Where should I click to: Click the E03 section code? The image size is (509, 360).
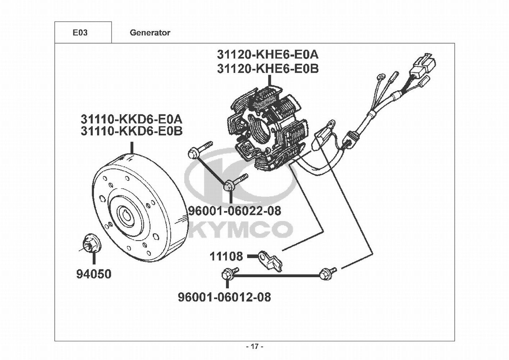80,33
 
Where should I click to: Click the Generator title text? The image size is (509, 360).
150,33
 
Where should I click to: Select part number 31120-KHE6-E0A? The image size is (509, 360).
267,54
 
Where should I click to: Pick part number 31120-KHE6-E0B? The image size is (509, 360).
267,68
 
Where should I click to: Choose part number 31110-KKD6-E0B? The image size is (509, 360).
131,131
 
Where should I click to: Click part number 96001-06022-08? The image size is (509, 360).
235,211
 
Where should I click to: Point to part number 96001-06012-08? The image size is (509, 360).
224,297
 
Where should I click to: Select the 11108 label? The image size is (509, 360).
226,256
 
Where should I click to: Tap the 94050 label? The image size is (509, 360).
94,274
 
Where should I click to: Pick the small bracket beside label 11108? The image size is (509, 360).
272,261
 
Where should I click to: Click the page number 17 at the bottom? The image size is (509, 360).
254,347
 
